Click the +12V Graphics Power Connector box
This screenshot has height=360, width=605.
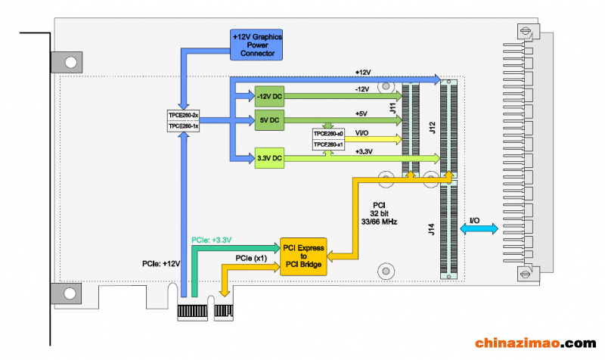256,45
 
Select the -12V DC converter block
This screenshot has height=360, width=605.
269,97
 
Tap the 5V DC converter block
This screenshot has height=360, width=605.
269,120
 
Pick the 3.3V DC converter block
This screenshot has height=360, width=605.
269,158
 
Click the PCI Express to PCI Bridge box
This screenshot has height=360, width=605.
303,256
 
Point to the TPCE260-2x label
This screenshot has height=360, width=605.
183,116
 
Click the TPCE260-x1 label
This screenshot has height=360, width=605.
328,144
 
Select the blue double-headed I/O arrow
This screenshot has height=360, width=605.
479,229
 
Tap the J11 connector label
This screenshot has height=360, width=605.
392,108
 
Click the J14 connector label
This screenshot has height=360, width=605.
431,229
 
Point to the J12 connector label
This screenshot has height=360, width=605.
432,128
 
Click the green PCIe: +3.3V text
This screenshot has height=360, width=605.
212,240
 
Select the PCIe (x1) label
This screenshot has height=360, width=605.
251,258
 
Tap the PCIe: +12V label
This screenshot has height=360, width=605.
161,264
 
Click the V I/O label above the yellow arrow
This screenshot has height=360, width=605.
361,133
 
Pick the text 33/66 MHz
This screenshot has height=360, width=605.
379,222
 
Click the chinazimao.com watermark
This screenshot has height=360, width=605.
535,343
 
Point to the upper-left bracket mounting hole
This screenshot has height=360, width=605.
70,62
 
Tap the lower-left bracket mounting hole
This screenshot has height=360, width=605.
70,293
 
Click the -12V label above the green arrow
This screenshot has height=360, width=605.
362,89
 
